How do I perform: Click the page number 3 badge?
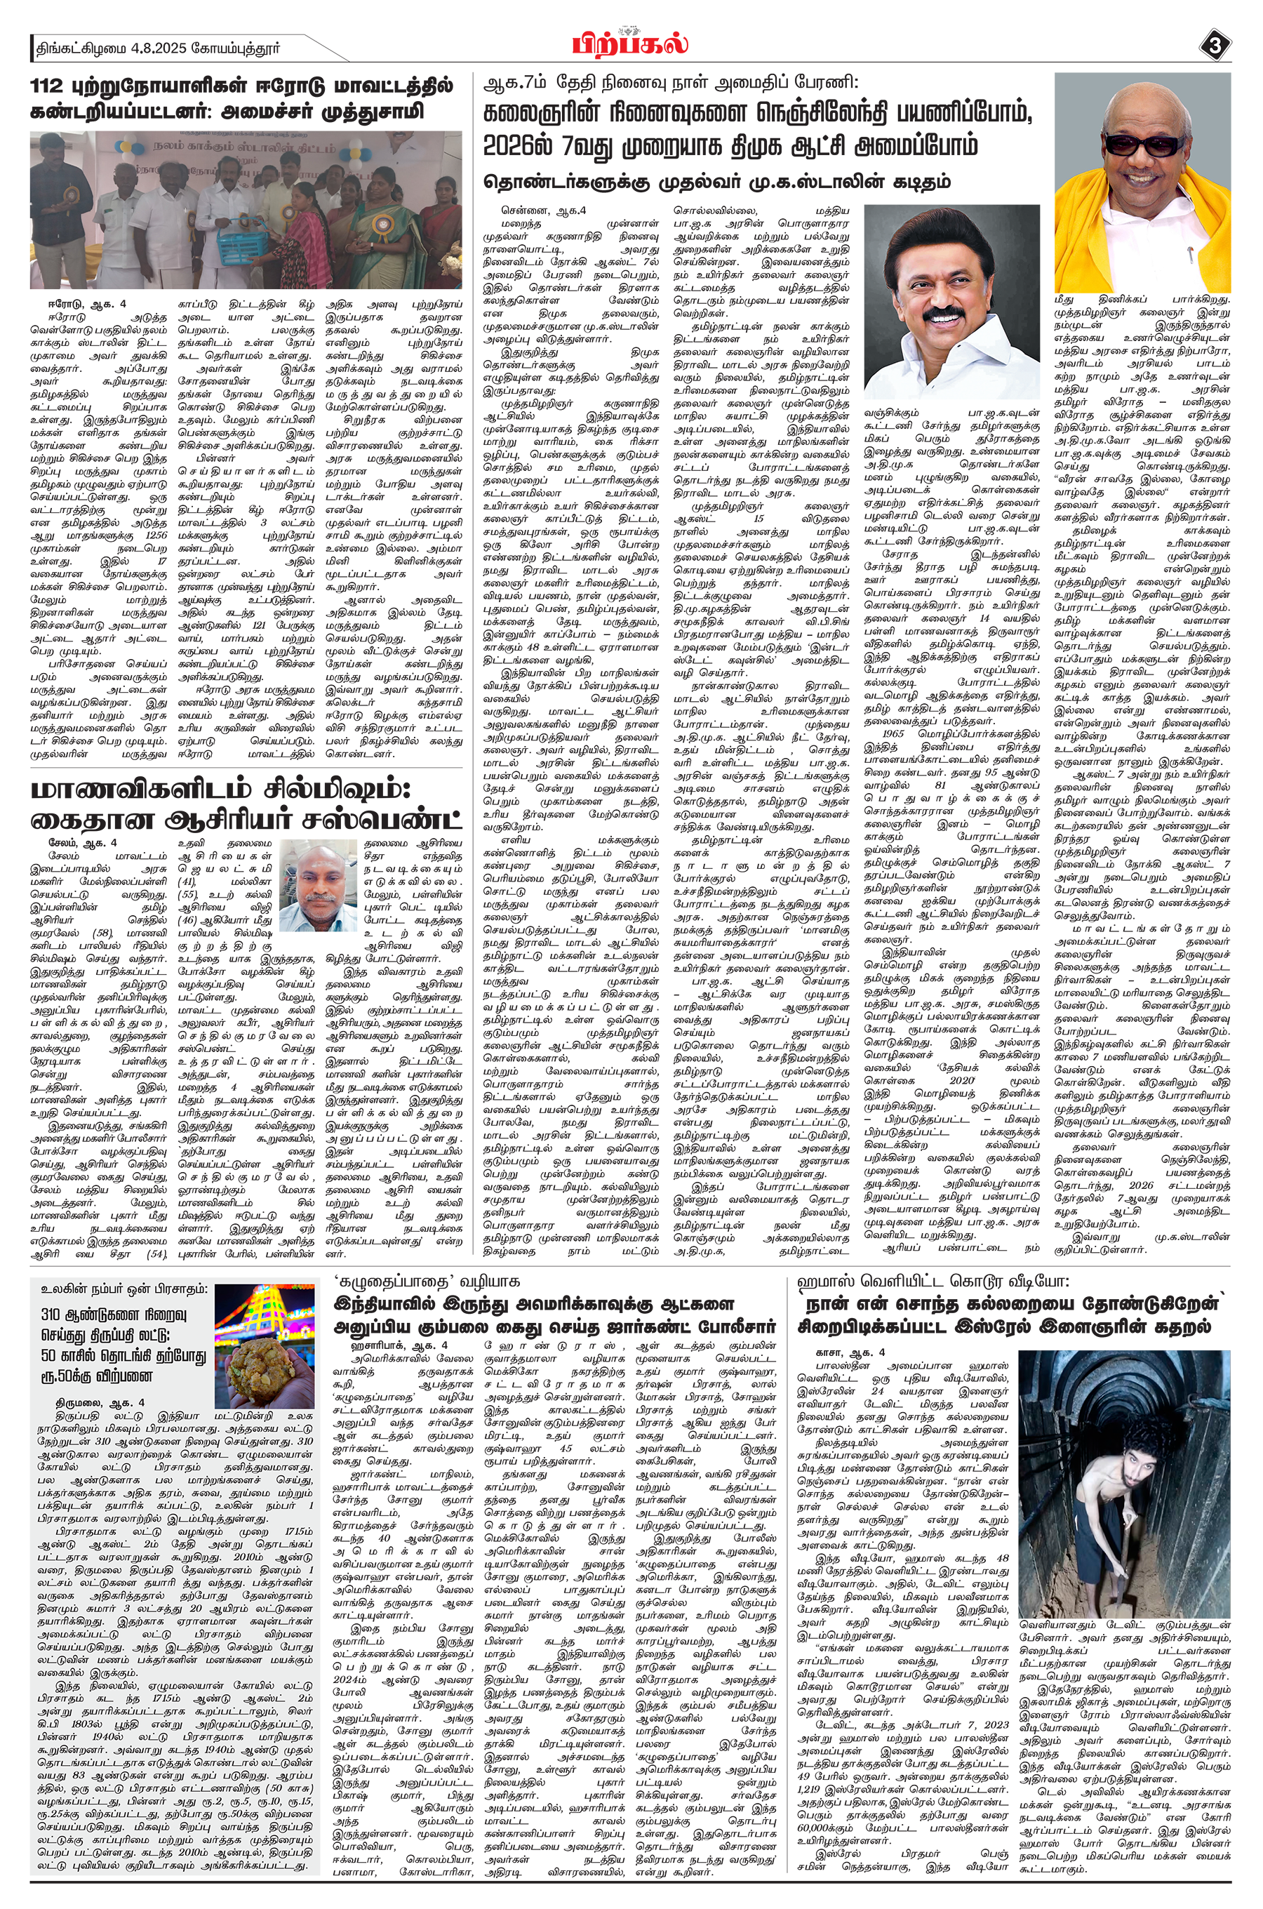pos(1215,46)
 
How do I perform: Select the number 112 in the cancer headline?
pos(50,86)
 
